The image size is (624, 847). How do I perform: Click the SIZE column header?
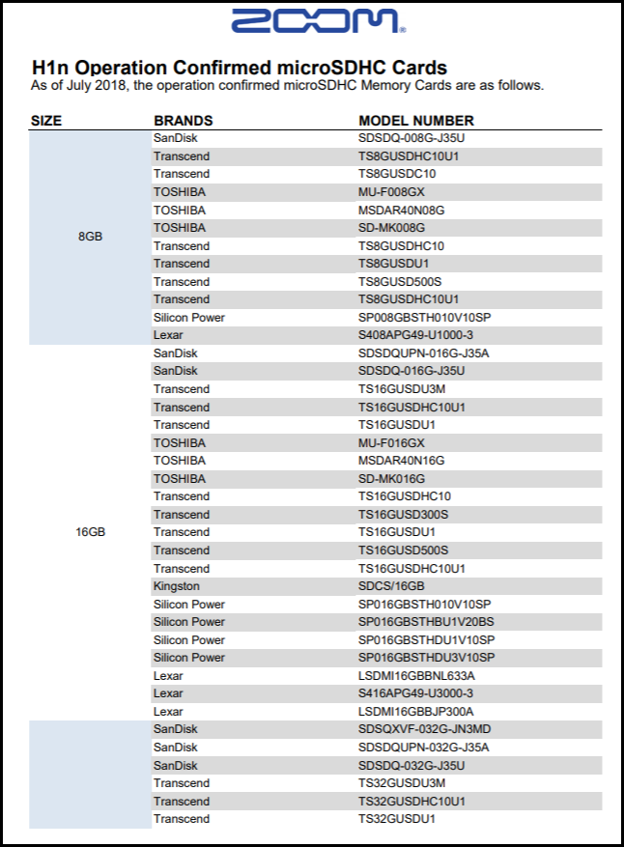pyautogui.click(x=46, y=121)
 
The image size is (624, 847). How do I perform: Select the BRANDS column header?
pyautogui.click(x=183, y=121)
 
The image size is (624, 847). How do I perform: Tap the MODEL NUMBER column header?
pyautogui.click(x=416, y=121)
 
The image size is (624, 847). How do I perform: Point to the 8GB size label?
pyautogui.click(x=90, y=237)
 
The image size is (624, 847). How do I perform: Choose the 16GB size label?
pyautogui.click(x=90, y=532)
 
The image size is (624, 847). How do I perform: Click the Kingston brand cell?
pyautogui.click(x=177, y=586)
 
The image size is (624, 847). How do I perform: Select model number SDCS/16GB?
pyautogui.click(x=391, y=586)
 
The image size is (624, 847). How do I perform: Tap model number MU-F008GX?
pyautogui.click(x=390, y=192)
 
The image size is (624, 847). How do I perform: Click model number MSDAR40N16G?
pyautogui.click(x=402, y=461)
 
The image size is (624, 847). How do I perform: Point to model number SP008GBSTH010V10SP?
pyautogui.click(x=425, y=317)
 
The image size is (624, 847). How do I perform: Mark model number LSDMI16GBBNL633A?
pyautogui.click(x=416, y=676)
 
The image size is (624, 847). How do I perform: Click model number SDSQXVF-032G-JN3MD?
pyautogui.click(x=425, y=729)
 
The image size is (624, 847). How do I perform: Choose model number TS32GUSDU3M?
pyautogui.click(x=402, y=783)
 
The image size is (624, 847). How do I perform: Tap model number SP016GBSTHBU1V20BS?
pyautogui.click(x=426, y=622)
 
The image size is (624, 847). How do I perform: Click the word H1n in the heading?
pyautogui.click(x=50, y=68)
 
